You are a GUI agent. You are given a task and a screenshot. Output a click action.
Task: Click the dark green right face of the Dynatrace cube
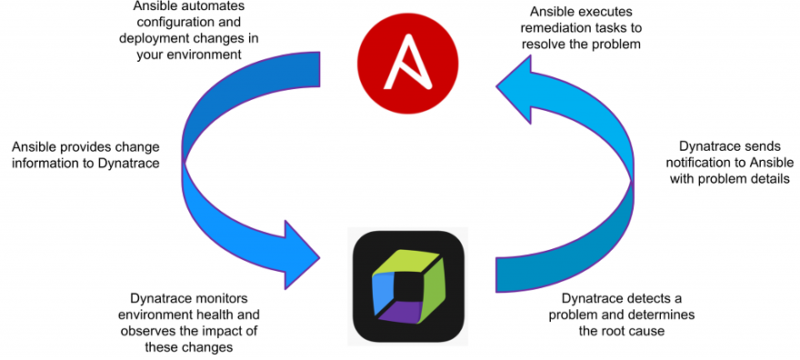click(435, 283)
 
